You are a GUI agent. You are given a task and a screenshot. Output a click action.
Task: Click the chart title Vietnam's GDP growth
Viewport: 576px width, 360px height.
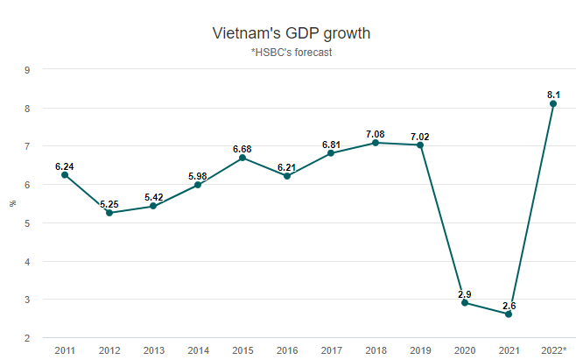pyautogui.click(x=292, y=33)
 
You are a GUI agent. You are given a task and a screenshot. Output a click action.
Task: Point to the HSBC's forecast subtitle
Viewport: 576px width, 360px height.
pyautogui.click(x=292, y=53)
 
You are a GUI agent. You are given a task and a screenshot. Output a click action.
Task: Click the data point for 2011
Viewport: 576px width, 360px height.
pyautogui.click(x=65, y=175)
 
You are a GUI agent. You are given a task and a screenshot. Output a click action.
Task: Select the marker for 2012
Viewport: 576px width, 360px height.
pyautogui.click(x=109, y=213)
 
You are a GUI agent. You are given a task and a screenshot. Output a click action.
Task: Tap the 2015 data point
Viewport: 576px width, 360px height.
pyautogui.click(x=242, y=158)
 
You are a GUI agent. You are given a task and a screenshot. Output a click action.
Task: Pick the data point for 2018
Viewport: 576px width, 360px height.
pyautogui.click(x=376, y=143)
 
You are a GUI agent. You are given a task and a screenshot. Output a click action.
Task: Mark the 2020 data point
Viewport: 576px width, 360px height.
pyautogui.click(x=465, y=303)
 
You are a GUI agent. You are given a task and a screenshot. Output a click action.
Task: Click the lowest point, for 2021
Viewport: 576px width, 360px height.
pyautogui.click(x=509, y=314)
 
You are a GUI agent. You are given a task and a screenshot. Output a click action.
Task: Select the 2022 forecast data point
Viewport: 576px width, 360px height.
pyautogui.click(x=553, y=103)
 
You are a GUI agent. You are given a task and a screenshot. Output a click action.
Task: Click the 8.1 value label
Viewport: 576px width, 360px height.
pyautogui.click(x=553, y=94)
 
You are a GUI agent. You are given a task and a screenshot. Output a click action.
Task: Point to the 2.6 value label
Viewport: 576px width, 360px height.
pyautogui.click(x=509, y=304)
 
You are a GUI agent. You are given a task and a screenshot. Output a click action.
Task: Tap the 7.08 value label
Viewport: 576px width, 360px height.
pyautogui.click(x=376, y=133)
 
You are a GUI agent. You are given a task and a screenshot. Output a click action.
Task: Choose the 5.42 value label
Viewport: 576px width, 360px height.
pyautogui.click(x=154, y=197)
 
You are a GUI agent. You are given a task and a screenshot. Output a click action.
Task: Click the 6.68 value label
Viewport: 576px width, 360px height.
pyautogui.click(x=242, y=149)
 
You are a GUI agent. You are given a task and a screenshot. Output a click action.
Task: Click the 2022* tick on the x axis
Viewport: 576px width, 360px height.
pyautogui.click(x=554, y=350)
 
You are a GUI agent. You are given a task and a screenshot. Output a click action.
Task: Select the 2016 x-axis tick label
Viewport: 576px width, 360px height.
pyautogui.click(x=286, y=350)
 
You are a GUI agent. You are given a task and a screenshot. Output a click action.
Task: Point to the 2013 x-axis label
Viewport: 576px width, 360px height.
pyautogui.click(x=154, y=350)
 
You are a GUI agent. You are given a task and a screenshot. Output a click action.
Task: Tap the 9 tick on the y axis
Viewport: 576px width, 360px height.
pyautogui.click(x=27, y=70)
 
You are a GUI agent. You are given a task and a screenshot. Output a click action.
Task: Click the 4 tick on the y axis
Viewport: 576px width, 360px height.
pyautogui.click(x=27, y=261)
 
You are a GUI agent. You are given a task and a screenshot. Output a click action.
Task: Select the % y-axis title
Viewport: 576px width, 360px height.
pyautogui.click(x=12, y=203)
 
